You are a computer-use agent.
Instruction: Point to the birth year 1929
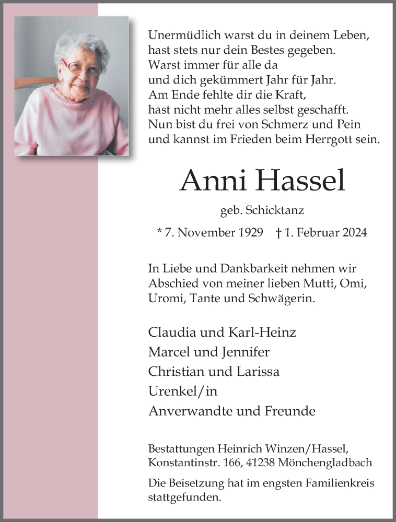coord(250,232)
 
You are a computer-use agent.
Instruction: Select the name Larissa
coord(260,372)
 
